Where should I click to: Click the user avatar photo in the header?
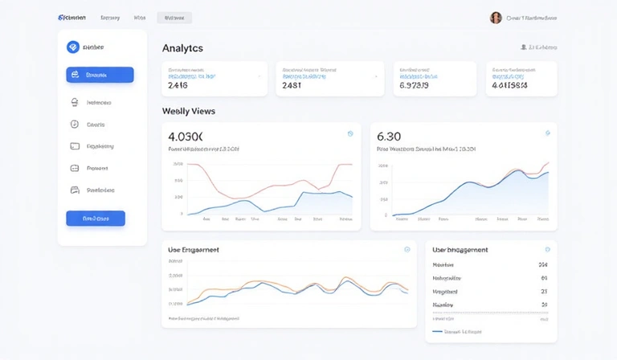[496, 18]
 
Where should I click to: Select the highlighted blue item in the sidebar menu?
[100, 75]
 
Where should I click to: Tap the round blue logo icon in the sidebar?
[73, 47]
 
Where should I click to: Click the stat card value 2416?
[178, 85]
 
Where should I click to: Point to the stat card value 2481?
[292, 85]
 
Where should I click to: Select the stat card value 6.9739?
[414, 85]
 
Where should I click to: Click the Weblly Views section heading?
[189, 111]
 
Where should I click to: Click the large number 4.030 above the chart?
[186, 136]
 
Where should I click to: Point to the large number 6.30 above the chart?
[389, 136]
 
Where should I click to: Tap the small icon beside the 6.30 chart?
[548, 133]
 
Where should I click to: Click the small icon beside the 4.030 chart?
[350, 133]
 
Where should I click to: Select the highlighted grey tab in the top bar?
[174, 18]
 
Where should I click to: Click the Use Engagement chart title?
[194, 250]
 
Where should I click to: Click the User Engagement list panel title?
[460, 250]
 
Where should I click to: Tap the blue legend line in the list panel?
[437, 330]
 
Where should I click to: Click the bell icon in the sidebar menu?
[75, 102]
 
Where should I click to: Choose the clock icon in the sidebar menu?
[75, 125]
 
